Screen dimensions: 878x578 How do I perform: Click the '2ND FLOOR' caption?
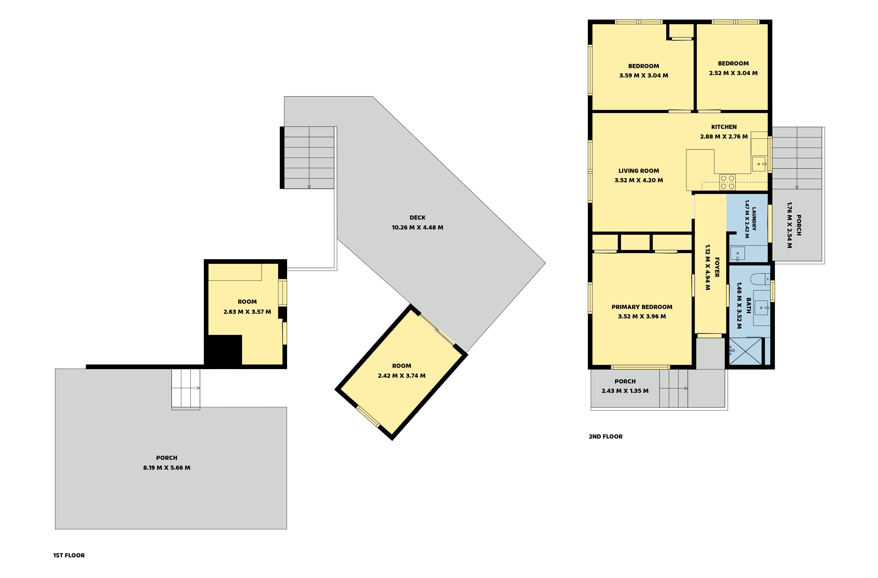pos(605,436)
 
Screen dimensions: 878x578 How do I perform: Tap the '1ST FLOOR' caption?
pos(69,555)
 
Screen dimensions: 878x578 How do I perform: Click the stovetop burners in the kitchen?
pos(727,182)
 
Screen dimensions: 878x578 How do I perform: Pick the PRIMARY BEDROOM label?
pos(642,307)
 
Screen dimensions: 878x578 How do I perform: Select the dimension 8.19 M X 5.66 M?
pos(167,468)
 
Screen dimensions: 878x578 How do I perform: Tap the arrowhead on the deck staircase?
pos(309,187)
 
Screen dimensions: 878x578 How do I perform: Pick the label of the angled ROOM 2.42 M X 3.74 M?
pos(401,366)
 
